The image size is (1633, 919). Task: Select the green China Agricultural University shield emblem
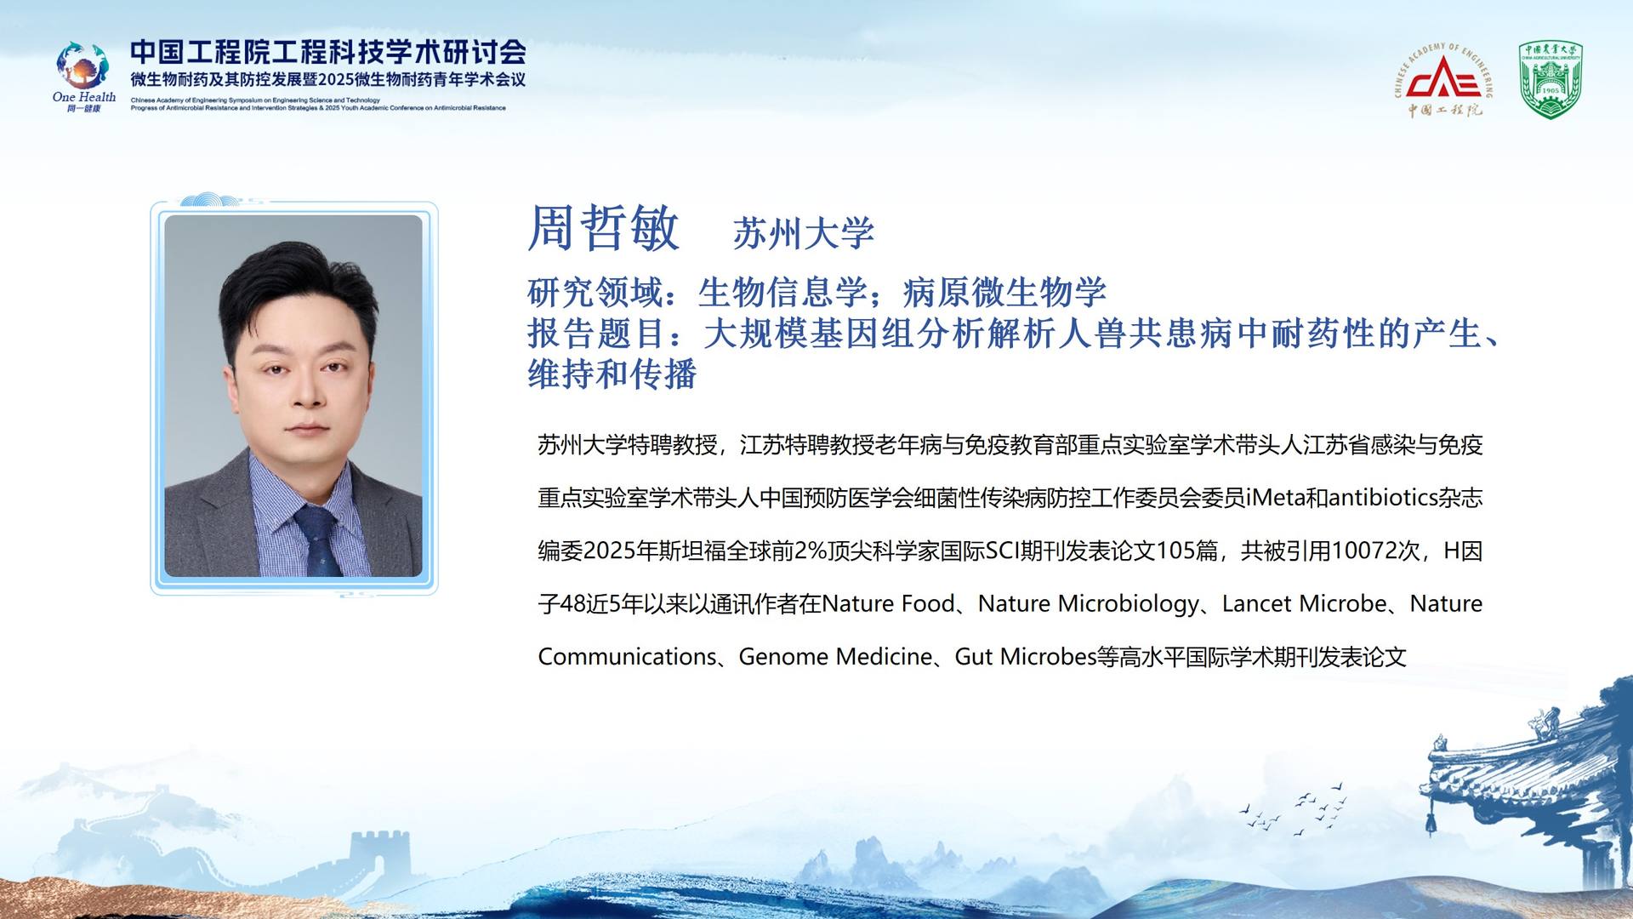(x=1550, y=81)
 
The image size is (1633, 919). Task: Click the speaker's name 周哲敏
(x=603, y=228)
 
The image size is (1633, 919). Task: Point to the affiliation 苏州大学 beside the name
(x=804, y=233)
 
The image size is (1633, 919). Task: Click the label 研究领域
(x=595, y=293)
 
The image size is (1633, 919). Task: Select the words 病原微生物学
(x=1004, y=293)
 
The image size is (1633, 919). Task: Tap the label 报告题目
(x=595, y=334)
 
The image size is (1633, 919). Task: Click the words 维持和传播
(x=612, y=374)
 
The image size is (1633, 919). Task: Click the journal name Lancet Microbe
(x=1305, y=604)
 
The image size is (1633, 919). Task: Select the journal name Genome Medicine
(x=835, y=657)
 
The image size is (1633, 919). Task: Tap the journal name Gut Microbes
(x=1026, y=657)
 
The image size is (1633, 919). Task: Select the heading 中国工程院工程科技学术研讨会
(x=328, y=52)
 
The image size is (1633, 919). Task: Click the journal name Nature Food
(x=889, y=604)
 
